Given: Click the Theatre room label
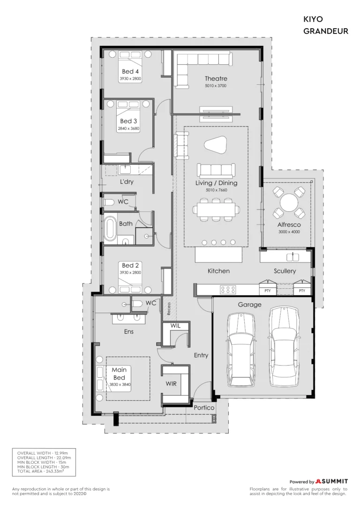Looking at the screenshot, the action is tap(216, 79).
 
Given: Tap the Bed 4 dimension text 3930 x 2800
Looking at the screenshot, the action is tap(130, 79).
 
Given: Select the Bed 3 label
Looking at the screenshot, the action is tap(128, 121).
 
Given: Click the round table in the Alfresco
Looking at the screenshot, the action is tap(289, 202).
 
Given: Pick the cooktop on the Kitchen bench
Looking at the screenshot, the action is tap(228, 290).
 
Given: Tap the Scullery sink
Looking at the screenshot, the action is tap(294, 257).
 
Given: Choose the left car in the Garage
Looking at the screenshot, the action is tap(240, 350).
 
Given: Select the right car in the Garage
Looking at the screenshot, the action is tap(284, 346).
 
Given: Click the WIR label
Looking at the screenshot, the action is tap(171, 384).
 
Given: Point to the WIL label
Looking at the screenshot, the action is tap(175, 326).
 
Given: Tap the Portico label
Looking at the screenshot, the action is tap(204, 408).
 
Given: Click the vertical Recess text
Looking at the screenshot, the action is tap(169, 309).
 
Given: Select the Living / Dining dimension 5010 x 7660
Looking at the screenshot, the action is tap(216, 190).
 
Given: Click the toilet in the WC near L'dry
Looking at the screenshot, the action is tap(109, 202).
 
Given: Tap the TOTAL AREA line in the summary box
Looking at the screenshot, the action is tap(41, 471).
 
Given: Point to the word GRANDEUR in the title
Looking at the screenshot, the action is tap(326, 31).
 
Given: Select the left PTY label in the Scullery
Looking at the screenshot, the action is tap(268, 291).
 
